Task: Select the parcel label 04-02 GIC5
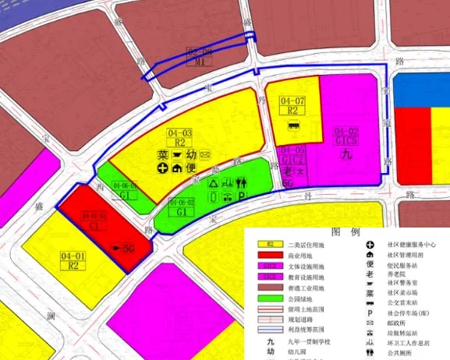pos(345,136)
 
